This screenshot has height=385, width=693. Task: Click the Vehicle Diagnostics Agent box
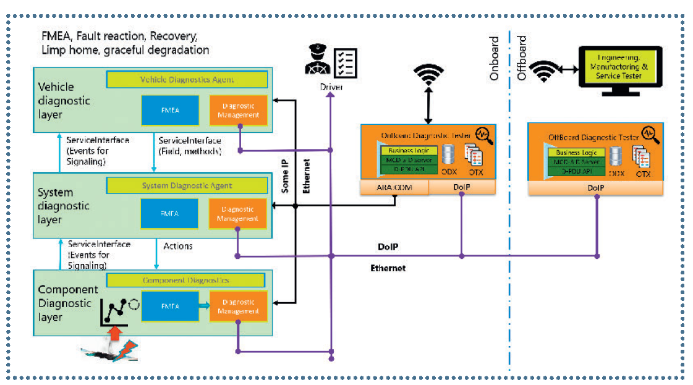tap(187, 80)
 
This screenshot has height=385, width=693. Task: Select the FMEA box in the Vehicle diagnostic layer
tap(170, 111)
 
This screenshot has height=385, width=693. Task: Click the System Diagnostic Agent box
tap(187, 185)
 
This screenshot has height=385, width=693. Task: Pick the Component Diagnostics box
tap(187, 280)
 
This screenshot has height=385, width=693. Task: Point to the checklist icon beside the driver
tap(344, 62)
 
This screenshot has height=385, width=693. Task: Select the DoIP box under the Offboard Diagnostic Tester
tap(595, 187)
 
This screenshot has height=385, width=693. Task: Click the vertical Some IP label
tap(285, 176)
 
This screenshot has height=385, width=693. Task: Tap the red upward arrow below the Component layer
tap(114, 337)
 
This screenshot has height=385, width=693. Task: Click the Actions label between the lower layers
tap(178, 246)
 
